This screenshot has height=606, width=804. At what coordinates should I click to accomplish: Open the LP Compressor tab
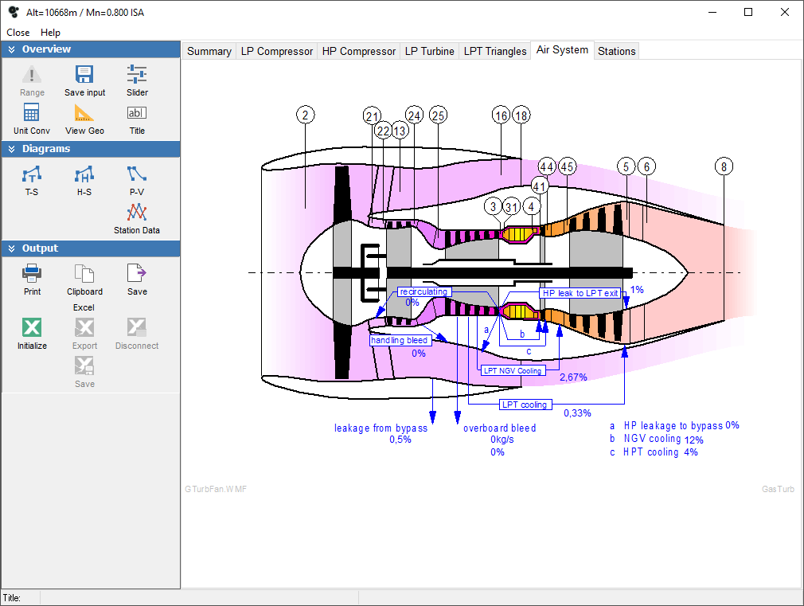tap(277, 51)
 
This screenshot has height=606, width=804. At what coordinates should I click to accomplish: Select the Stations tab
tap(616, 51)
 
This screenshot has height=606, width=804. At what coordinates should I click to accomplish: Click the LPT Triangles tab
tap(494, 51)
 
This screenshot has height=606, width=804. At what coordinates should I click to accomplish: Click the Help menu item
tap(50, 33)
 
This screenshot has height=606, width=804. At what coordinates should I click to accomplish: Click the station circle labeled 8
tap(723, 166)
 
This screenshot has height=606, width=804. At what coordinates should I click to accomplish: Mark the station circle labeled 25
tap(438, 115)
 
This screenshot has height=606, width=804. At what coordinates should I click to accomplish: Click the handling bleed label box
tap(400, 340)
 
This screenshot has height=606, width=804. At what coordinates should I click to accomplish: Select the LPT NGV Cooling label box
tap(513, 370)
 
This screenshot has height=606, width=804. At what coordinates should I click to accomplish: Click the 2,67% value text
tap(573, 377)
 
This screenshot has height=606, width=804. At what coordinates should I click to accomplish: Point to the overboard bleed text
tap(499, 428)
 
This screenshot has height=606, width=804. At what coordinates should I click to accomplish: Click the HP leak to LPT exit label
tap(580, 293)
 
